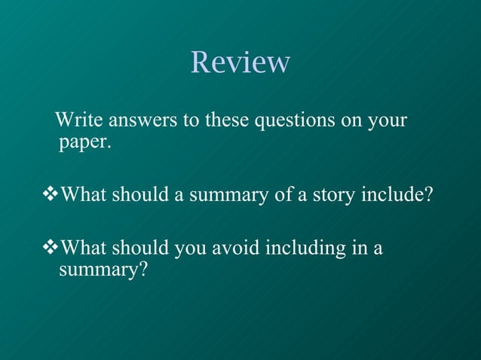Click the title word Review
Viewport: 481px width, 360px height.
[x=240, y=62]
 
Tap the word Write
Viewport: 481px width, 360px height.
[x=80, y=120]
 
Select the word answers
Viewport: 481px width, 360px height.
[x=142, y=120]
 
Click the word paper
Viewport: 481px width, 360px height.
[x=84, y=142]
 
